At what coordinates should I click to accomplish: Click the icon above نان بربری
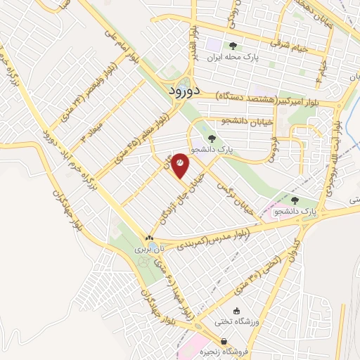148,237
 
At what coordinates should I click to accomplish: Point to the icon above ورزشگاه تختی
236,310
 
